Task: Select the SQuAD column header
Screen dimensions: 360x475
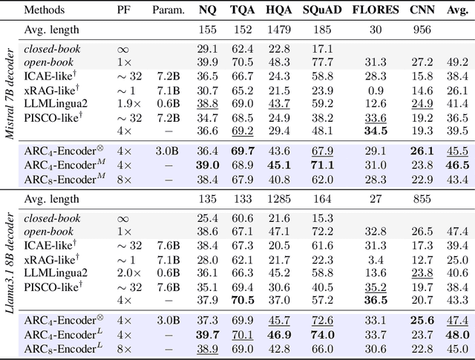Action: tap(321, 11)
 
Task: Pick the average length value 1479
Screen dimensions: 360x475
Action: tap(279, 30)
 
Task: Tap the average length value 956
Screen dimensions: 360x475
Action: tap(421, 30)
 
